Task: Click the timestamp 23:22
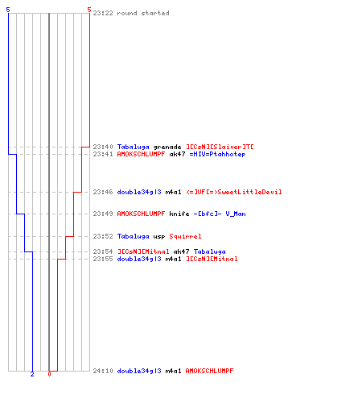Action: click(103, 13)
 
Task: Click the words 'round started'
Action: click(143, 13)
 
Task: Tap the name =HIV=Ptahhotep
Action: click(217, 155)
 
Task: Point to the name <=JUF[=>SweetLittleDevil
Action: click(234, 192)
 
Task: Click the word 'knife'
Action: click(179, 214)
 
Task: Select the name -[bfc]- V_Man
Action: click(220, 214)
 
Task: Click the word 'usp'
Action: click(159, 237)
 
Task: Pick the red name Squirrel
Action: click(185, 236)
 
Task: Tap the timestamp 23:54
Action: click(103, 251)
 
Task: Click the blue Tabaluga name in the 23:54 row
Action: click(210, 251)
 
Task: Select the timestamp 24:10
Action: click(103, 371)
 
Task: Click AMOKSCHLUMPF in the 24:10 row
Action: click(209, 371)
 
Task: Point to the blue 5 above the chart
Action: click(8, 10)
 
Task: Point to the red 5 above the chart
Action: click(89, 10)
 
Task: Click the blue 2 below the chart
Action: click(32, 374)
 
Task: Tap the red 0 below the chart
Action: click(49, 374)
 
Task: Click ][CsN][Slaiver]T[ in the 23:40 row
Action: click(220, 147)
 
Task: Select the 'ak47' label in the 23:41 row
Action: click(177, 155)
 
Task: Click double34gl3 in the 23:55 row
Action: click(139, 259)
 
